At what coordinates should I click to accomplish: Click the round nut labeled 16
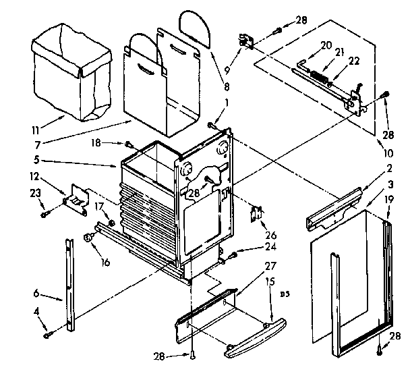(88, 237)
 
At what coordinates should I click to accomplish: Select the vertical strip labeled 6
(69, 283)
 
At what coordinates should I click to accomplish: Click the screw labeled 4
(47, 333)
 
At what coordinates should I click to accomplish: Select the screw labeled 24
(234, 254)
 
